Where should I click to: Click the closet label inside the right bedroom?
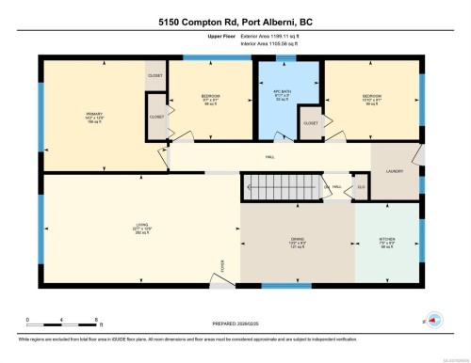311,122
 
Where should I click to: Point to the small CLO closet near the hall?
360,187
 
